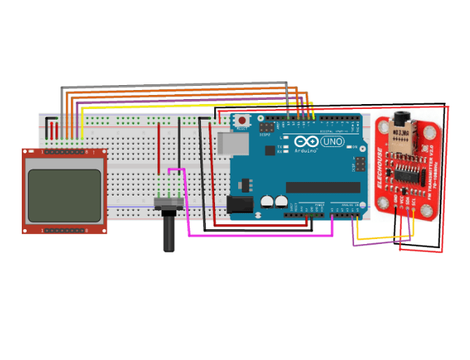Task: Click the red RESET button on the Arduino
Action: point(242,120)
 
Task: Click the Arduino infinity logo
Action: point(306,141)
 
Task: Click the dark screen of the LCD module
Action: point(63,190)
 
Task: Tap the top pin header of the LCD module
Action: point(65,152)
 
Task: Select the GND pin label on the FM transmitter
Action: point(396,202)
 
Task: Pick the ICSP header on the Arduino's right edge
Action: point(360,164)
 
